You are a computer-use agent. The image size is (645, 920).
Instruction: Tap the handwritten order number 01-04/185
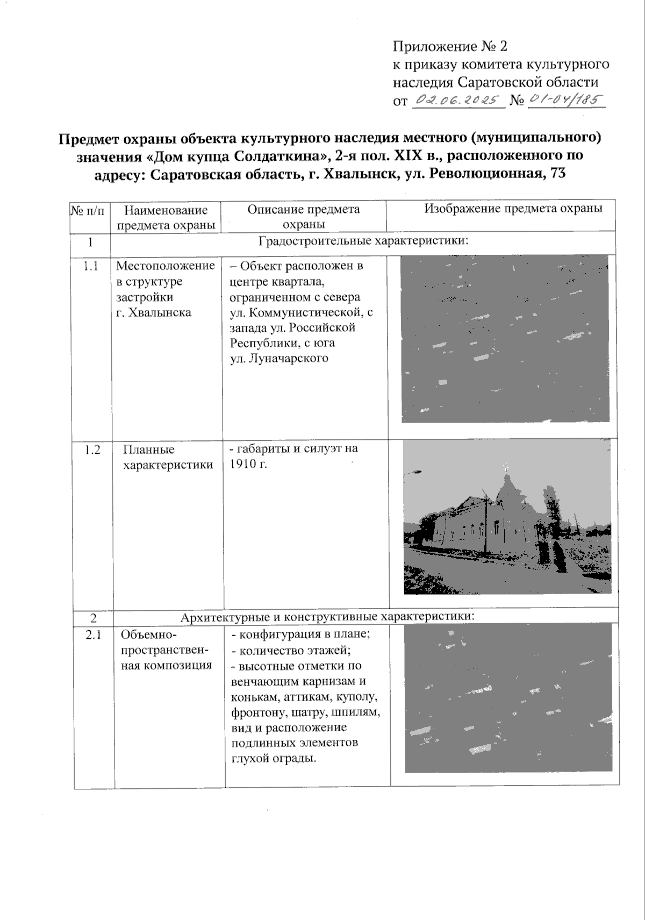click(566, 99)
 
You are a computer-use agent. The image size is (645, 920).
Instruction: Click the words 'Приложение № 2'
click(450, 47)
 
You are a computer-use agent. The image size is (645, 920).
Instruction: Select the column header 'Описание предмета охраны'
click(303, 217)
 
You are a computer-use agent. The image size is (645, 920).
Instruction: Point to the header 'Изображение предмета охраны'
click(513, 209)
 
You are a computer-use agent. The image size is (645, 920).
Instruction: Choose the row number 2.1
click(93, 636)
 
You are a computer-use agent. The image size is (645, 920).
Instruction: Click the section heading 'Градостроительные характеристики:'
click(363, 240)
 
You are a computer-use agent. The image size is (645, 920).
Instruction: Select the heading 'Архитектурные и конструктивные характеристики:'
click(328, 616)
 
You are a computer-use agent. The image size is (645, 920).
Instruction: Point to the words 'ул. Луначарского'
click(279, 359)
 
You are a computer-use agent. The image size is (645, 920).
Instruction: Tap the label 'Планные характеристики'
click(168, 457)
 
